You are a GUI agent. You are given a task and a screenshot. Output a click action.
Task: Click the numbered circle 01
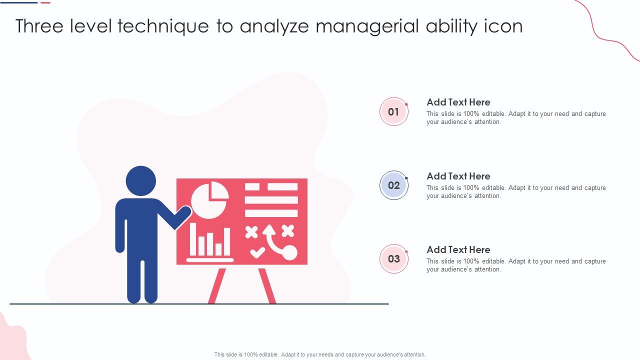(x=393, y=111)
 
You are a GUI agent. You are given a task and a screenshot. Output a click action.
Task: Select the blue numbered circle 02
(x=393, y=185)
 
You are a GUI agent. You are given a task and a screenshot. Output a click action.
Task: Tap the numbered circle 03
(x=393, y=258)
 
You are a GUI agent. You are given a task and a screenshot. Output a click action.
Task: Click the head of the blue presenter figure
(x=141, y=181)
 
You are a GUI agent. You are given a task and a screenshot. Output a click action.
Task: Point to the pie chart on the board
(x=209, y=200)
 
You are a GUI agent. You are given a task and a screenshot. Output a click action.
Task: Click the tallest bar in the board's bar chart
(x=193, y=239)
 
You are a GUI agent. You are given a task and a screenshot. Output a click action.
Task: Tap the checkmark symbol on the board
(x=257, y=252)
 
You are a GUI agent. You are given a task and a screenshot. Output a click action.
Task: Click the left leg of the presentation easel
(x=217, y=285)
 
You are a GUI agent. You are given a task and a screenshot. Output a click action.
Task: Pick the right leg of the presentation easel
(x=267, y=285)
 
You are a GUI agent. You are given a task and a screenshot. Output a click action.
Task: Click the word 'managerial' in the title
(x=367, y=26)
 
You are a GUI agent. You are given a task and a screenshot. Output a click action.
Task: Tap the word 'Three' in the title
(x=39, y=26)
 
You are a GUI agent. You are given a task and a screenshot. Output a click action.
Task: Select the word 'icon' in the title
(x=503, y=26)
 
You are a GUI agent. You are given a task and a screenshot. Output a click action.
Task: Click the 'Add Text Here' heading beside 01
(x=458, y=102)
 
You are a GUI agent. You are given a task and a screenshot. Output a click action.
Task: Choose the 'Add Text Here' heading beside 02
(x=458, y=176)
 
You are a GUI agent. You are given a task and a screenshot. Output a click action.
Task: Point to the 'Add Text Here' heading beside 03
(x=458, y=249)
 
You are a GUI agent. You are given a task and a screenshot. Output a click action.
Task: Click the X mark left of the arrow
(x=251, y=232)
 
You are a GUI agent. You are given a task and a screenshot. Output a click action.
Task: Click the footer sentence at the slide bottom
(x=320, y=354)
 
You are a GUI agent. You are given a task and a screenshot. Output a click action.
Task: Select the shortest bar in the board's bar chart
(x=218, y=249)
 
